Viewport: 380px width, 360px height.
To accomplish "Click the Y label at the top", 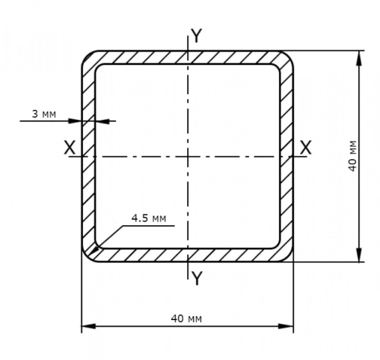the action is pos(196,35).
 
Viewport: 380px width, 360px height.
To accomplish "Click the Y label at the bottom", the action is pos(197,278).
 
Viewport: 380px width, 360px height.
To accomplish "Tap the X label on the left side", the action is pos(70,147).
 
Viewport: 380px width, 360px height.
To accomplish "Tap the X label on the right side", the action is pos(305,147).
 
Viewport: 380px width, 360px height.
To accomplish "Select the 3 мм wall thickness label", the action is pos(44,114).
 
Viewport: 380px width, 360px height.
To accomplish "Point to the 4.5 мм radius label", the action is pos(149,218).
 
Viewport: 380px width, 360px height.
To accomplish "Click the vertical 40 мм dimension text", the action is pos(353,156).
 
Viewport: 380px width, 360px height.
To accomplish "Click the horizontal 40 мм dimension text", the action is pos(187,319).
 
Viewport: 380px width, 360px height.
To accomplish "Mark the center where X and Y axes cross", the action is pos(188,157).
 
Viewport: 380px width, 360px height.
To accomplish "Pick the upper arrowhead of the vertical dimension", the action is pos(359,58).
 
